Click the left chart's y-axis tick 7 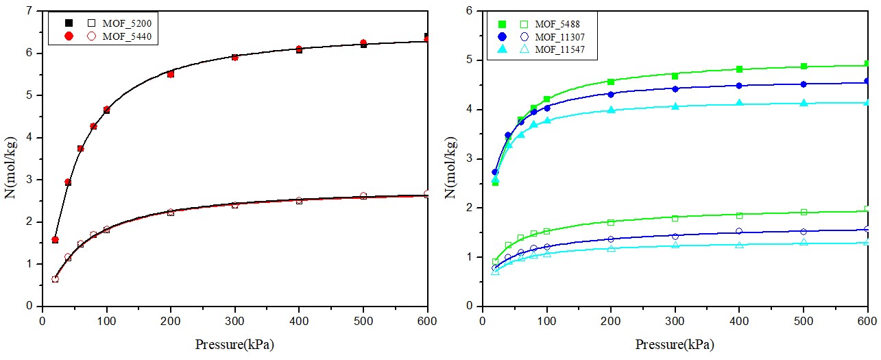point(29,11)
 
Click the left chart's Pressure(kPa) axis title point(235,344)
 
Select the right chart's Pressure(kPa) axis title point(675,344)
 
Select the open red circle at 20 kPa point(55,279)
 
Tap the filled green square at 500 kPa point(804,67)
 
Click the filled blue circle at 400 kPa point(739,86)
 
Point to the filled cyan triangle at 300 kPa point(675,106)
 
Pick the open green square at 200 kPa point(611,222)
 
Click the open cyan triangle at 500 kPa point(804,243)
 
